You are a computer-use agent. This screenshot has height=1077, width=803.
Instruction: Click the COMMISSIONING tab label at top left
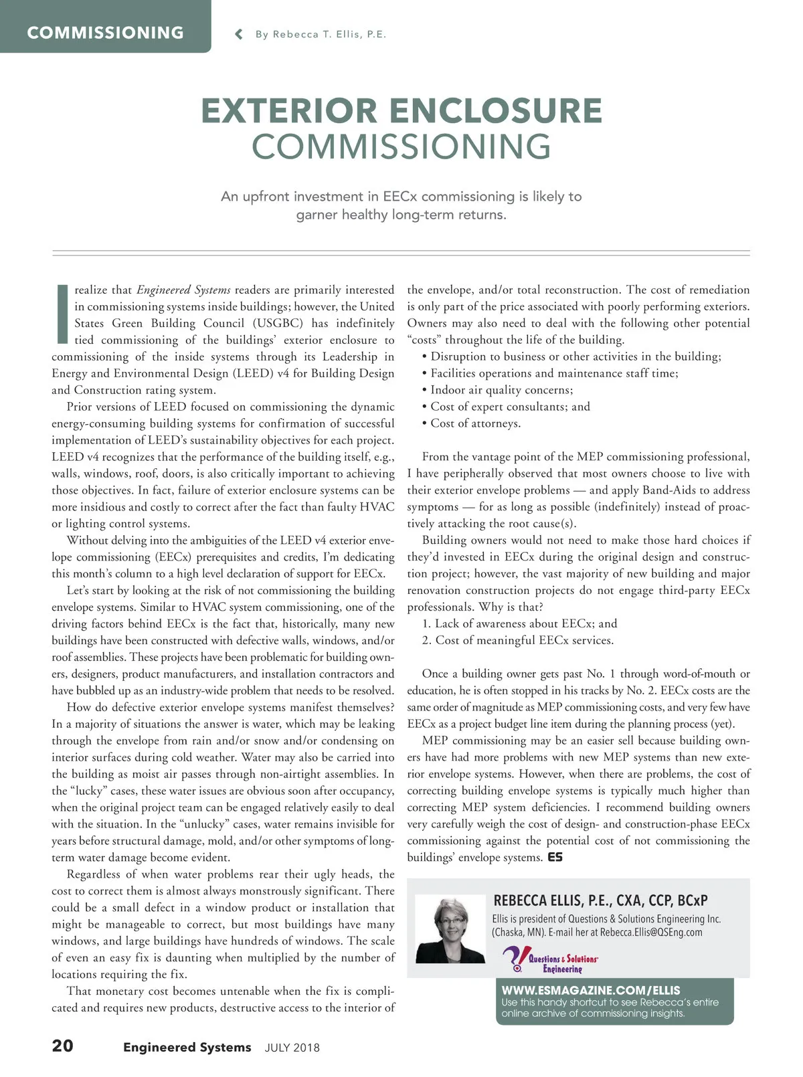[x=105, y=33]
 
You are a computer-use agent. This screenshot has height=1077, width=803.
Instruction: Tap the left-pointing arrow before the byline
[x=239, y=35]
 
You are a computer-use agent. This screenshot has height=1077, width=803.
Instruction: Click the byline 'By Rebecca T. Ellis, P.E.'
[x=321, y=35]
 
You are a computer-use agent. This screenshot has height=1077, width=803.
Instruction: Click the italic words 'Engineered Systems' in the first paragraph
[x=183, y=290]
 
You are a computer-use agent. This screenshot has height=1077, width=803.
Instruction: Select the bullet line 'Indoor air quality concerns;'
[x=501, y=390]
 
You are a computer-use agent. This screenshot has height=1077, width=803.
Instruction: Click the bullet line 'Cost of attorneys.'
[x=475, y=423]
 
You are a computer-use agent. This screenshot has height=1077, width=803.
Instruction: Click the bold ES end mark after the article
[x=555, y=857]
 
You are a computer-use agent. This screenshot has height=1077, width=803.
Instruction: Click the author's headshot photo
[x=450, y=930]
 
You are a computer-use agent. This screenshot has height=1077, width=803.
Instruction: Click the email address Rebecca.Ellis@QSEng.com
[x=651, y=933]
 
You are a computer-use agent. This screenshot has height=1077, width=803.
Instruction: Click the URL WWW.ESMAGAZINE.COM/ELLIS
[x=591, y=990]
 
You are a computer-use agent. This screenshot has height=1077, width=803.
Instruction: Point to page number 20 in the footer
[x=63, y=1046]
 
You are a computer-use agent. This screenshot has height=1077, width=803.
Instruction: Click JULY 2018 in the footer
[x=292, y=1048]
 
